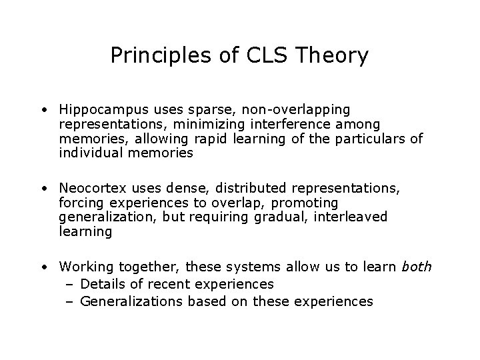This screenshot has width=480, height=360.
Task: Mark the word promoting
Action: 304,203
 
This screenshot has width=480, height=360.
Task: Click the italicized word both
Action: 417,267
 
